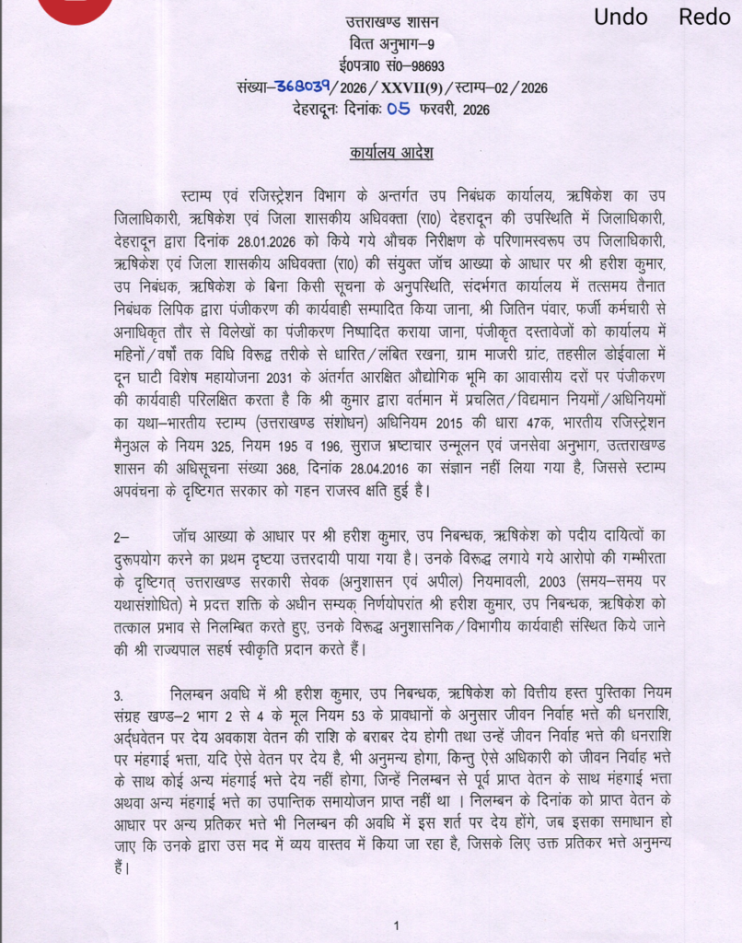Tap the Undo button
tap(620, 17)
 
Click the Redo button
tap(704, 17)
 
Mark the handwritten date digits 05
tap(399, 110)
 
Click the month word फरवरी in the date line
tap(442, 111)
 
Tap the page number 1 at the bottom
tap(395, 926)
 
